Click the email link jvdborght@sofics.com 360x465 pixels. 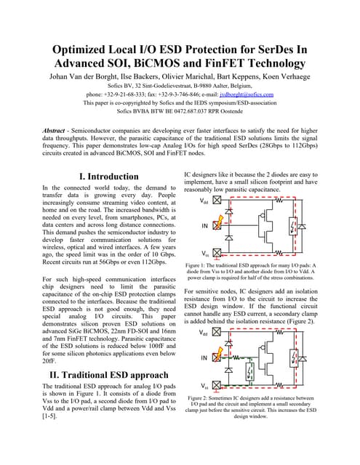click(x=247, y=94)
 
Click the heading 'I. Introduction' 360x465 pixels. click(x=108, y=176)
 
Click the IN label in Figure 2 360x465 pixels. click(x=205, y=358)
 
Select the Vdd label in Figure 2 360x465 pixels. click(x=206, y=333)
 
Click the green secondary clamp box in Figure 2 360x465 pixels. click(x=249, y=372)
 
